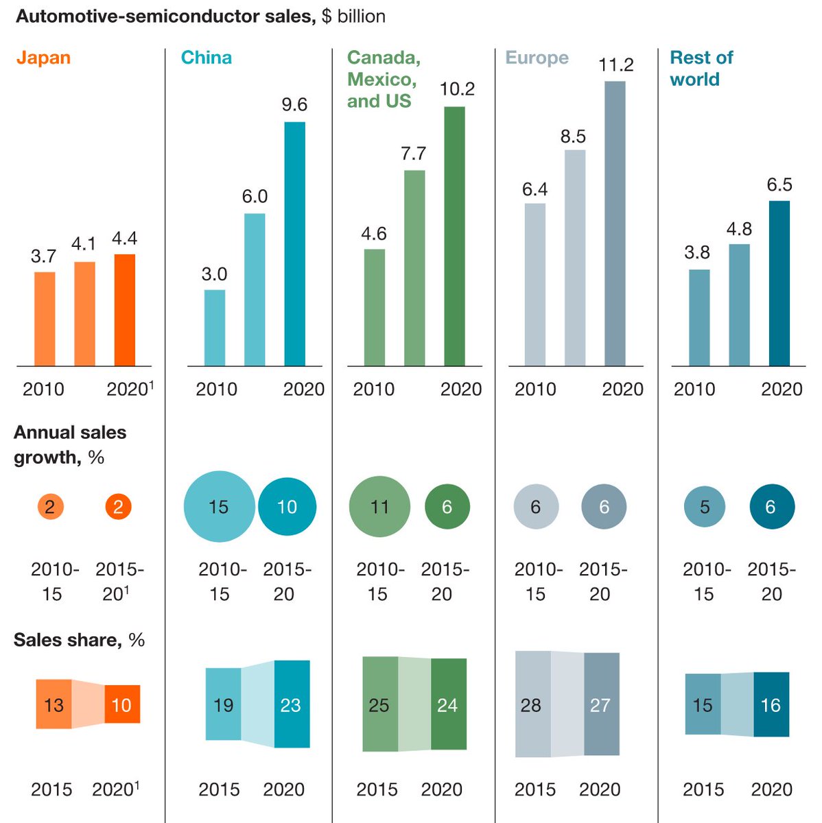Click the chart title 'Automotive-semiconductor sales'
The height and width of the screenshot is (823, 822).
coord(165,16)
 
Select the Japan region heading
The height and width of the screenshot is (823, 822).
coord(43,58)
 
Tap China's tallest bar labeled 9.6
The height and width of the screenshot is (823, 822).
coord(294,243)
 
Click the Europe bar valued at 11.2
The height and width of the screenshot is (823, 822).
coord(615,224)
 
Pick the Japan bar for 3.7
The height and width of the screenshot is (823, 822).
coord(45,319)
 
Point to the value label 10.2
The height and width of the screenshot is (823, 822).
coord(457,89)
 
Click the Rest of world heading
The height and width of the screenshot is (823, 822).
coord(701,69)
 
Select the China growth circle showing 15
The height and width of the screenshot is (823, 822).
coord(219,507)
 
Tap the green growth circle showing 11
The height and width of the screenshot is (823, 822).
coord(379,507)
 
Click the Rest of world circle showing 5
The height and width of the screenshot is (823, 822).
coord(705,507)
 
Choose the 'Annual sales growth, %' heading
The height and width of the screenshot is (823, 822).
coord(69,444)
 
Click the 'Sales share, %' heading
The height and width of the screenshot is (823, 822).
coord(79,640)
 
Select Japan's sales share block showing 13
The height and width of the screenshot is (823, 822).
coord(54,704)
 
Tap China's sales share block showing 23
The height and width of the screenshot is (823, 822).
coord(292,704)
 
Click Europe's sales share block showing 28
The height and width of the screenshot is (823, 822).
coord(532,704)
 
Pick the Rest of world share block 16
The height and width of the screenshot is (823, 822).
coord(771,704)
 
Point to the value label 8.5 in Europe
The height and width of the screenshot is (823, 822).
coord(573,136)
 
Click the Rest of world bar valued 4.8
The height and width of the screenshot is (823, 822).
coord(739,305)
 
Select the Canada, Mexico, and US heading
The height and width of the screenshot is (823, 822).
coord(383,80)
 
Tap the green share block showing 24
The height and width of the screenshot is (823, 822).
coord(449,704)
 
